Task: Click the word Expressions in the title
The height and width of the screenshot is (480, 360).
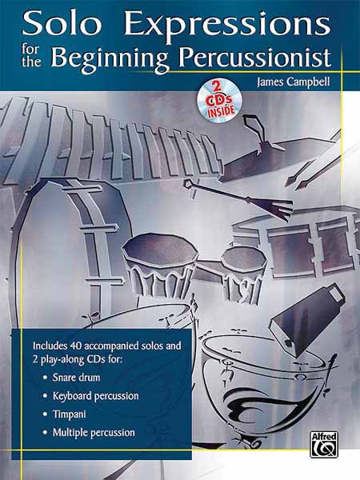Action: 227,26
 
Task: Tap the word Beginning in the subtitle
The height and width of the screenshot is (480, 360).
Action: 110,59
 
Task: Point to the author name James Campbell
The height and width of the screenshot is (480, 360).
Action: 294,82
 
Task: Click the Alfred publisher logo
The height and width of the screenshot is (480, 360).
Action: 324,444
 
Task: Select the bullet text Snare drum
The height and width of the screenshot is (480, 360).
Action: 76,377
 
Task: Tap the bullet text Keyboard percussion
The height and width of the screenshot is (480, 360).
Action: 95,396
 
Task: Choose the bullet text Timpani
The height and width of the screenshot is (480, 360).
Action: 69,414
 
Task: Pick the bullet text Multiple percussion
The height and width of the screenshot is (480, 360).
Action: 94,433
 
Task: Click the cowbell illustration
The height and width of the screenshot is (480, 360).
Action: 306,318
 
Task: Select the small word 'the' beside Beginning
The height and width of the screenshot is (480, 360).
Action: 31,62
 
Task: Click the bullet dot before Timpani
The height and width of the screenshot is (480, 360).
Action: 46,414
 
